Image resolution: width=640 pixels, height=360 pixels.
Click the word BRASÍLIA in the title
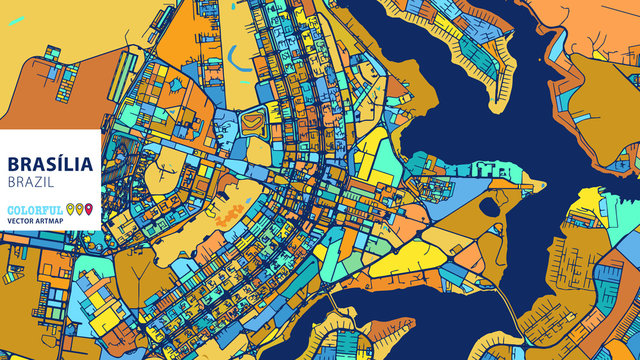pyautogui.click(x=50, y=164)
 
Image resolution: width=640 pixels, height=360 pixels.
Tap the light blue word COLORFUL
pyautogui.click(x=35, y=210)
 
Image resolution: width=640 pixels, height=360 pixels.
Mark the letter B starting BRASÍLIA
pyautogui.click(x=13, y=164)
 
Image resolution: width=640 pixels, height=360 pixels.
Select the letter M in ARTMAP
pyautogui.click(x=54, y=221)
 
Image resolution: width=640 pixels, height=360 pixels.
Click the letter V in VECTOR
pyautogui.click(x=9, y=221)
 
